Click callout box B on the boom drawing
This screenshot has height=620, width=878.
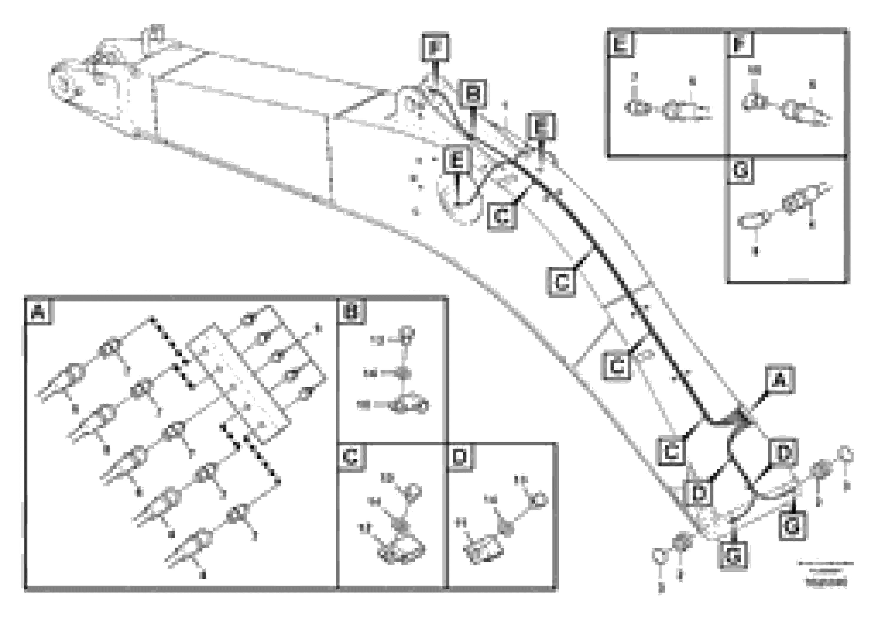[473, 93]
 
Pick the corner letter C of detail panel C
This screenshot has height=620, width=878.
[351, 456]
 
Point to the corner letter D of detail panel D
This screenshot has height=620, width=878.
[460, 456]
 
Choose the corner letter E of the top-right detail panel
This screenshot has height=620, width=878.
[620, 44]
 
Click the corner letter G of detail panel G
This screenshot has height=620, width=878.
[740, 170]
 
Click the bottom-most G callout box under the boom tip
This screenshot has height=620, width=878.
[733, 556]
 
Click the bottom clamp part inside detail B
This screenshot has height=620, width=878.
[407, 406]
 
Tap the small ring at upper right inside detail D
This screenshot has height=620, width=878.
[539, 500]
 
